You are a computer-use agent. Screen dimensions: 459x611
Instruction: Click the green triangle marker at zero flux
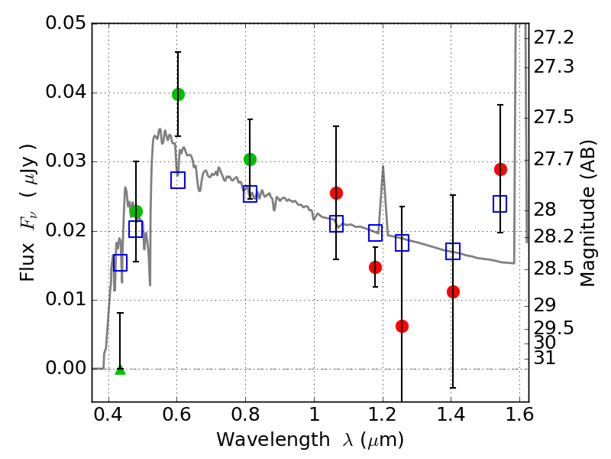coord(120,369)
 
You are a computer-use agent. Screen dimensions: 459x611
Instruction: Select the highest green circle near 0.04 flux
coord(178,94)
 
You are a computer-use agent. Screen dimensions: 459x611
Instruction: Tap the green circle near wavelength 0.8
coord(250,159)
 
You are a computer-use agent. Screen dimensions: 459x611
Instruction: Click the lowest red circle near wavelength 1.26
coord(402,326)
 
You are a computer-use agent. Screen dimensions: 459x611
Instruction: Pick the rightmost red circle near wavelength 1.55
coord(500,169)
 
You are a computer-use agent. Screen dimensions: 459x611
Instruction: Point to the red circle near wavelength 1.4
coord(453,291)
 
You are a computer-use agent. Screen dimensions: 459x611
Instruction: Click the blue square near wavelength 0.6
coord(178,181)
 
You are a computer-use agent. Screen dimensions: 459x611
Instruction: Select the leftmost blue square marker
coord(120,262)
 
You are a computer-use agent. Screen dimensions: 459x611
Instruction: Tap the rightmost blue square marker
coord(500,203)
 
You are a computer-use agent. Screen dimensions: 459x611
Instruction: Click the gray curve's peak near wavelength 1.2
coord(383,167)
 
